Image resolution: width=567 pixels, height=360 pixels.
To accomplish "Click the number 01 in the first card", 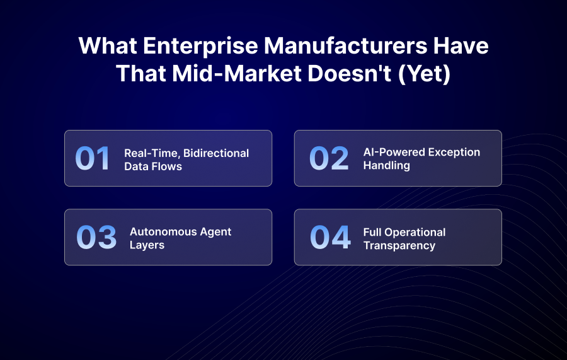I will (x=93, y=158).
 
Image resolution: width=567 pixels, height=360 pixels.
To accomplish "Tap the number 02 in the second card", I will (x=328, y=158).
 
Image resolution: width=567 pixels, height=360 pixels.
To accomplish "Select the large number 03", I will (x=96, y=237).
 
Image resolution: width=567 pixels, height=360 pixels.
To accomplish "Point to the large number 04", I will (x=329, y=237).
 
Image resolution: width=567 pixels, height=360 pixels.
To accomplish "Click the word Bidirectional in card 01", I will (x=216, y=153).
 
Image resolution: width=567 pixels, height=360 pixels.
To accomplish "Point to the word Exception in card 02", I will (x=450, y=152).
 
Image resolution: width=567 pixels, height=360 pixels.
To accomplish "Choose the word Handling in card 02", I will (x=386, y=166).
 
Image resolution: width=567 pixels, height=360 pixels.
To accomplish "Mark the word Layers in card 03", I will (x=147, y=245).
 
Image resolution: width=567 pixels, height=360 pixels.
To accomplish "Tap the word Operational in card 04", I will (x=416, y=232).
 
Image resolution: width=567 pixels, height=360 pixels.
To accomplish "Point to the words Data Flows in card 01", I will (x=153, y=167).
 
